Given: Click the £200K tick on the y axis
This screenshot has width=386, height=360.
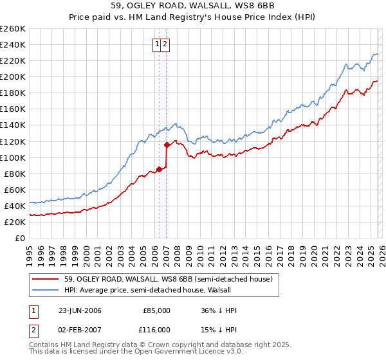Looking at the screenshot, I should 13,76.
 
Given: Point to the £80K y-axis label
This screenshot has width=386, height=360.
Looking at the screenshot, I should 15,174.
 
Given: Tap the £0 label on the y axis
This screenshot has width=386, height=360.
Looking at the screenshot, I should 20,238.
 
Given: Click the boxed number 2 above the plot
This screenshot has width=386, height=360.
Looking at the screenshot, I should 165,44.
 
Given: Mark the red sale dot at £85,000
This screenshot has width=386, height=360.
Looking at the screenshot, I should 159,170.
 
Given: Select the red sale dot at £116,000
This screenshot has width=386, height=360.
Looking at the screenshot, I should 166,145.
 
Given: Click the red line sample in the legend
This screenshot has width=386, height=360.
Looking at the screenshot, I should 45,279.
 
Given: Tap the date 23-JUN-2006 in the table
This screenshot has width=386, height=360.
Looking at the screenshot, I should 79,310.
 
